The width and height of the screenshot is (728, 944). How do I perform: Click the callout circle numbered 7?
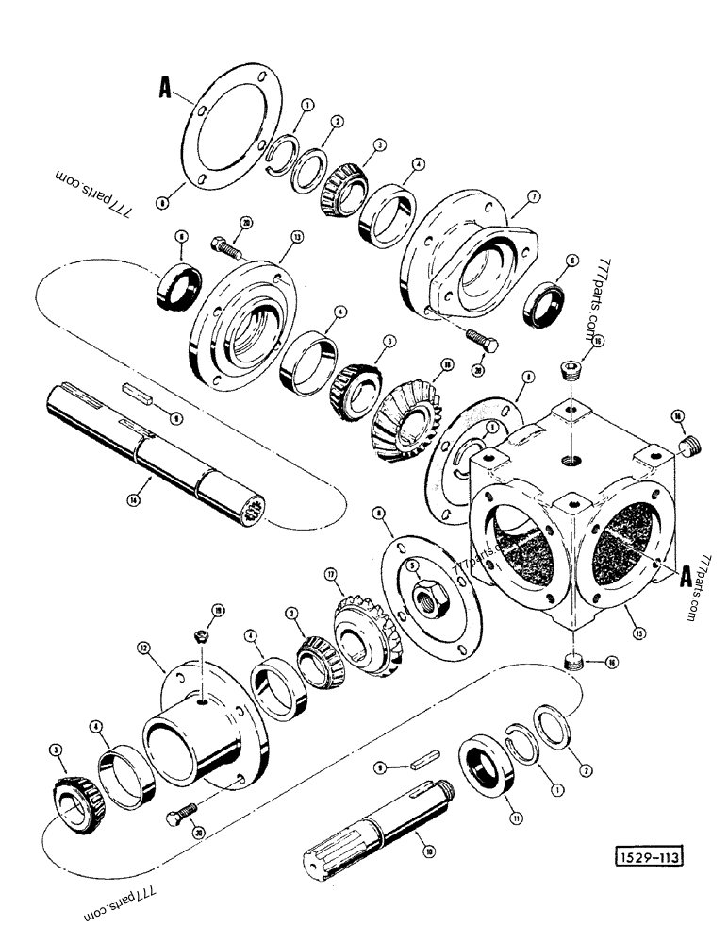click(533, 195)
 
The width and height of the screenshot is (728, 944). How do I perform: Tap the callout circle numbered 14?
click(133, 501)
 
